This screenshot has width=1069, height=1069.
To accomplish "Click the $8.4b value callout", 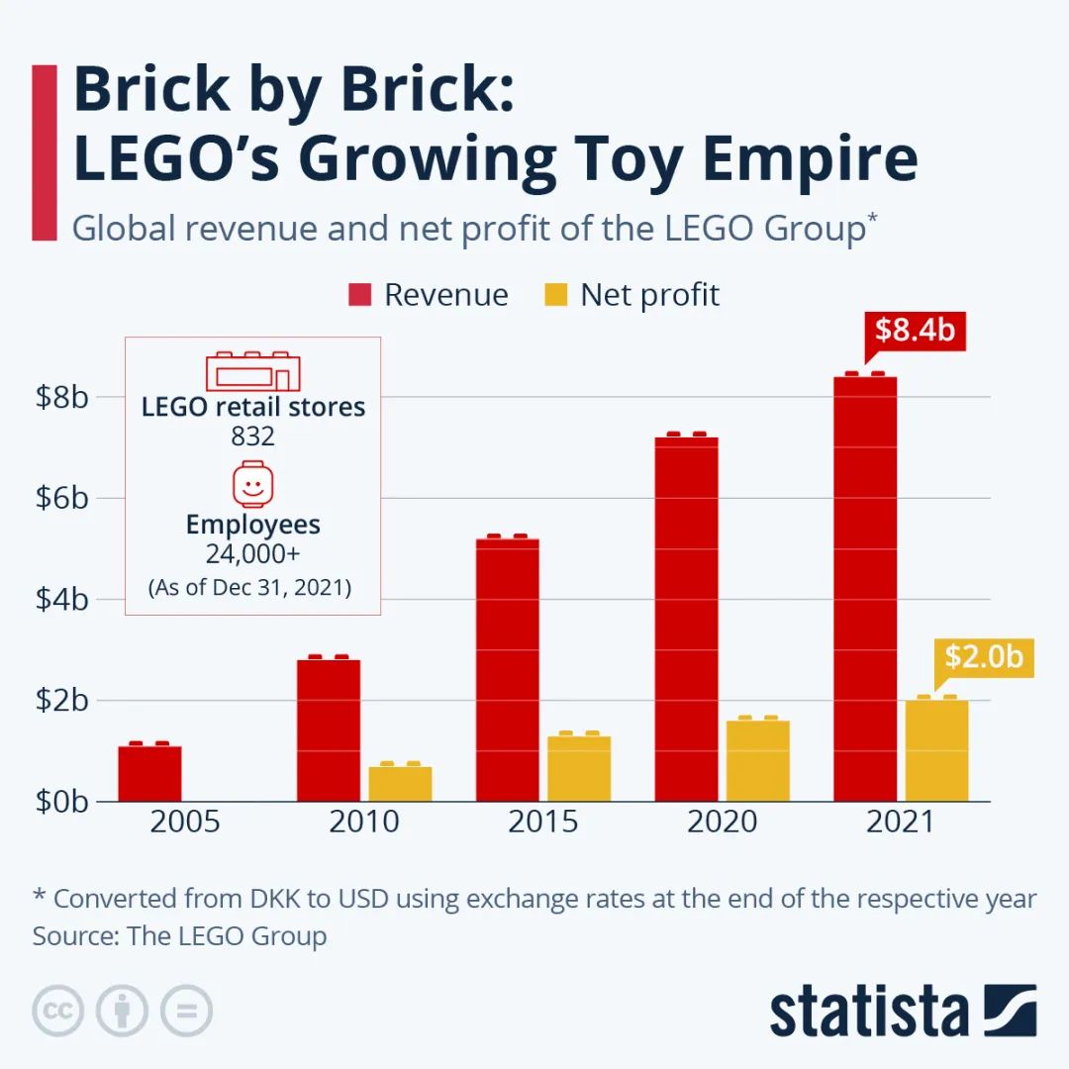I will tap(915, 330).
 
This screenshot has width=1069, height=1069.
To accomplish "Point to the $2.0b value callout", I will tap(983, 656).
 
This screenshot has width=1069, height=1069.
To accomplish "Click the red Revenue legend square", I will tap(359, 295).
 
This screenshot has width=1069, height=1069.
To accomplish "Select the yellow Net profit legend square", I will tap(556, 295).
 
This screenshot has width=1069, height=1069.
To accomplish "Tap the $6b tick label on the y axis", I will tap(62, 498).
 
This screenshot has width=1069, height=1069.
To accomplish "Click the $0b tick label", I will tap(62, 801).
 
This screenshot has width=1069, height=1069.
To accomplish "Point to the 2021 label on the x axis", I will tap(900, 822).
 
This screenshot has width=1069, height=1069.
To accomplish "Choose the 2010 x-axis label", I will tap(363, 822).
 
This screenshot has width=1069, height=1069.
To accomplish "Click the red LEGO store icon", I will tap(252, 371).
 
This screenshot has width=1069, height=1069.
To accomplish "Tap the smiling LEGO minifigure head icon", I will tap(252, 484).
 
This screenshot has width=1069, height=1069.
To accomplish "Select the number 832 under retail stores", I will tap(252, 437).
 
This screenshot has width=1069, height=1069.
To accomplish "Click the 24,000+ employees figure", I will tap(252, 554).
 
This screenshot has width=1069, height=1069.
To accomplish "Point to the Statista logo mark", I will tap(1010, 1010).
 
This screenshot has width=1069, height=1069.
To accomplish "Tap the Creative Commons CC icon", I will tap(57, 1011).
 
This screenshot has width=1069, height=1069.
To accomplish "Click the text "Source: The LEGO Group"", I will tap(179, 935).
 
